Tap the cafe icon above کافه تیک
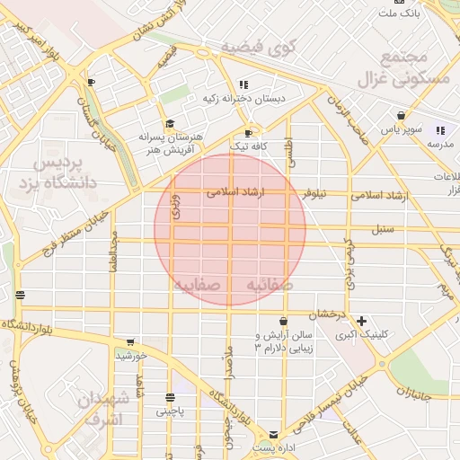249,133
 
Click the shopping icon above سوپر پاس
401,116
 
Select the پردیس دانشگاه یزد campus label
57,176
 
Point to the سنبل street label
384,230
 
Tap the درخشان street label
328,314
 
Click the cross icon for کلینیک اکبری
361,321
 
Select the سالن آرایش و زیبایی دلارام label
283,341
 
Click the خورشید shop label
131,356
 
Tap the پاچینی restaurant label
170,411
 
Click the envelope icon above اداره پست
273,434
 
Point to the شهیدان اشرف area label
106,409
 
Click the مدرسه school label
440,144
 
